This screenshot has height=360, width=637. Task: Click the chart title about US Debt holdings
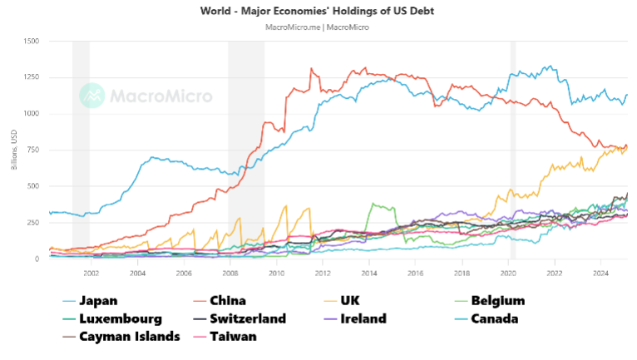(x=317, y=11)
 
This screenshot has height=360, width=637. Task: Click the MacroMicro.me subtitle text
(x=317, y=27)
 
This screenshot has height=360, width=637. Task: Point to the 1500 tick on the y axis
(x=32, y=41)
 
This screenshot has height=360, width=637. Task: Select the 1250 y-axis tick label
(x=32, y=77)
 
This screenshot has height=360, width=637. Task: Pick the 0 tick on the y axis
(x=37, y=259)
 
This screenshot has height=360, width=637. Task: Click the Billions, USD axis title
(x=14, y=150)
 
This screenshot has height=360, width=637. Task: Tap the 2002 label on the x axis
(x=91, y=272)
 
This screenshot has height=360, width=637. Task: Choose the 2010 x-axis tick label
(x=277, y=272)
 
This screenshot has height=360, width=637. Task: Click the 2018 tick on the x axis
(x=462, y=272)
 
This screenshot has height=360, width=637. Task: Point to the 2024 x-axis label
(x=601, y=272)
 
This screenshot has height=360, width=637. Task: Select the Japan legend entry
(x=97, y=301)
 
